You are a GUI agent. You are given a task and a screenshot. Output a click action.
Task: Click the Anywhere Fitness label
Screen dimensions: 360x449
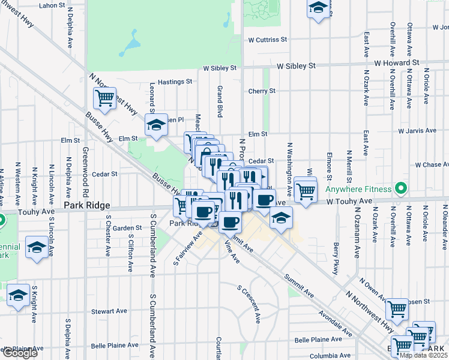pyautogui.click(x=358, y=190)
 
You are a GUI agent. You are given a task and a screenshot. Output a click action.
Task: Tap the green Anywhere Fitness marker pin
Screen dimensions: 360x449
pyautogui.click(x=400, y=190)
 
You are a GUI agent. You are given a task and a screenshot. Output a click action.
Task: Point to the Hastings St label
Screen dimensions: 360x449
pyautogui.click(x=175, y=82)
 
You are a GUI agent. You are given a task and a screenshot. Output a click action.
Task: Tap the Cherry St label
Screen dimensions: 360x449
pyautogui.click(x=262, y=91)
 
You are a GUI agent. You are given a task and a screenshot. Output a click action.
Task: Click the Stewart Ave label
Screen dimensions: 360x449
pyautogui.click(x=109, y=311)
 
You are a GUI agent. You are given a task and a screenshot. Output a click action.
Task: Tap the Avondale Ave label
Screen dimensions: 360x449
pyautogui.click(x=336, y=323)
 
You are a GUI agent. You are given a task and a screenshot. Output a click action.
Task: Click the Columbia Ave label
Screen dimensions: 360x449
pyautogui.click(x=330, y=355)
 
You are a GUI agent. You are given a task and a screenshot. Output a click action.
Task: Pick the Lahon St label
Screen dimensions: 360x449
pyautogui.click(x=52, y=5)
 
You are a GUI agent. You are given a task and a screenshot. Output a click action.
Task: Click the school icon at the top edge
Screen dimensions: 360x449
pyautogui.click(x=318, y=8)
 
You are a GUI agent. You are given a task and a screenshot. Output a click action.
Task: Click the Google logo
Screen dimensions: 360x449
pyautogui.click(x=20, y=353)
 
